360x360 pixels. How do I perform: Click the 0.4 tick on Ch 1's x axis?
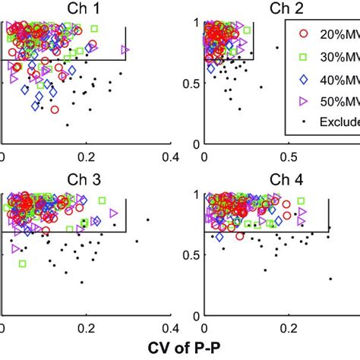[x=170, y=156]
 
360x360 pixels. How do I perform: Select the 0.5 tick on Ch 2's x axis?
[x=289, y=156]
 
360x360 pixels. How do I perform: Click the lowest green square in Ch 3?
[x=23, y=264]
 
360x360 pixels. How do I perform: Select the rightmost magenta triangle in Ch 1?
[x=125, y=50]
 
